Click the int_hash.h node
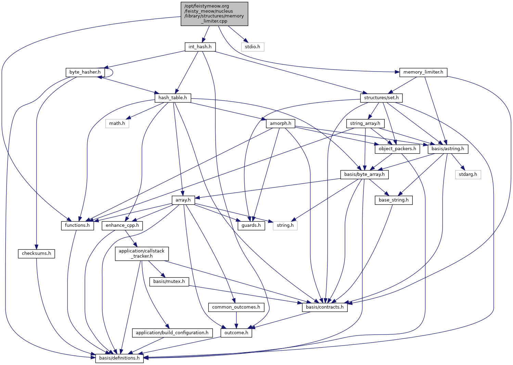[200, 47]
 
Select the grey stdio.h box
[253, 47]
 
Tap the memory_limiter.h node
[423, 72]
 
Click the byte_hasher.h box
[85, 72]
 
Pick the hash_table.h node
[172, 98]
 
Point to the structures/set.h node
[381, 98]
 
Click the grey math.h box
[117, 123]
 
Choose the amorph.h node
[280, 123]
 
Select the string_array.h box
[365, 123]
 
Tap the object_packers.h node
[397, 149]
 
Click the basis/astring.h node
[448, 149]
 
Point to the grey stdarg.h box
[468, 174]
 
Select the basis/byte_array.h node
[364, 174]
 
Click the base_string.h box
[394, 200]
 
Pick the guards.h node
[251, 225]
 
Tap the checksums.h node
[36, 253]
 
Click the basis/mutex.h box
[169, 282]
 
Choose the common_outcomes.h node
[236, 307]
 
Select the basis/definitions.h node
[119, 358]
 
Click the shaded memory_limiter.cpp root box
[214, 14]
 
